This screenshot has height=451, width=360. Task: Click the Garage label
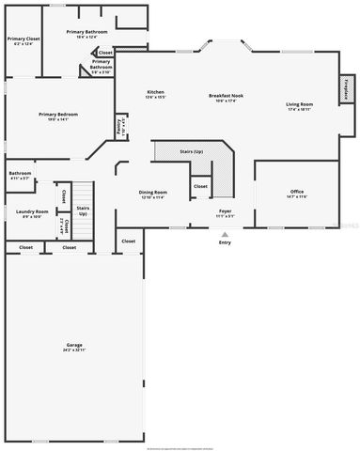point(73,345)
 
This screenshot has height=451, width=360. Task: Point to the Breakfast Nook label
point(227,95)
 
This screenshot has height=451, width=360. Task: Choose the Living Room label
point(300,104)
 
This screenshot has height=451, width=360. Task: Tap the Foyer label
point(226,211)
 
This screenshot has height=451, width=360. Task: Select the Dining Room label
point(152,191)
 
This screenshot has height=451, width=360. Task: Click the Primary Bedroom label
point(58,115)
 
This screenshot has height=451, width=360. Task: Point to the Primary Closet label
point(21,39)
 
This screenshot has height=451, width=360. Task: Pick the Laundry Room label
point(31,211)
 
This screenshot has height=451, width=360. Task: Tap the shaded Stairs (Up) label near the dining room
point(191,151)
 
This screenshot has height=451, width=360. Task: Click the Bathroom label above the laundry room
point(21,174)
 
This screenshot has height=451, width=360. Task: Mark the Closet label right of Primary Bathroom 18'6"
point(105,53)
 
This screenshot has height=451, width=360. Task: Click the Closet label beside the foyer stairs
point(200,186)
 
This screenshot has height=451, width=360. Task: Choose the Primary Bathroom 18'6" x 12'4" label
point(86,34)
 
